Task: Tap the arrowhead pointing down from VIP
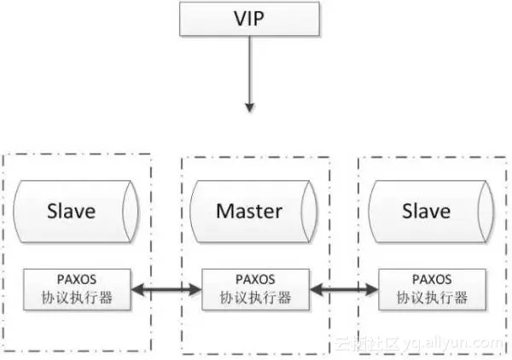click(249, 107)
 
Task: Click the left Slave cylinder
click(76, 211)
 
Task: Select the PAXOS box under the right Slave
click(432, 287)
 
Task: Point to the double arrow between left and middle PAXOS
click(167, 293)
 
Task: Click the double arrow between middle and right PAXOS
click(344, 293)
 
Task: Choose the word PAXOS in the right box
click(432, 279)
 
